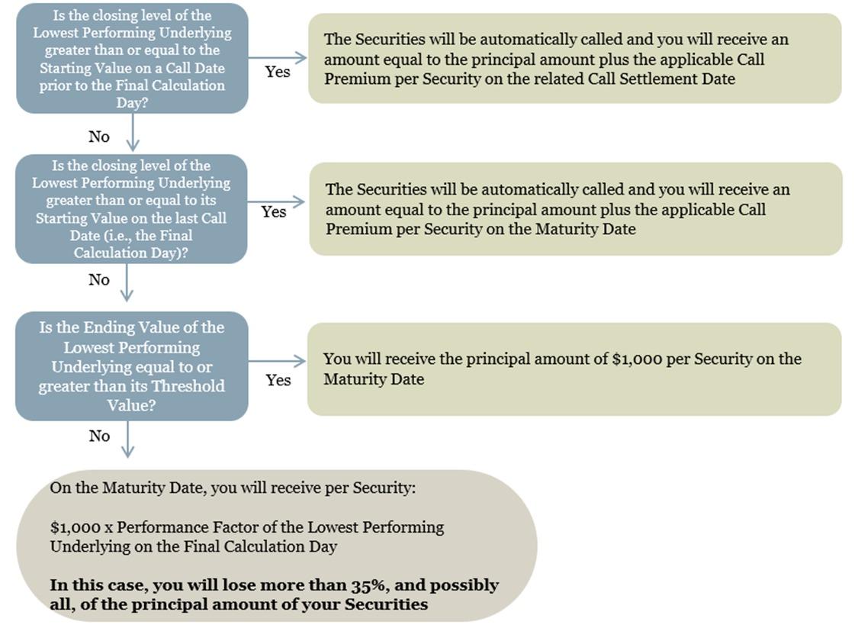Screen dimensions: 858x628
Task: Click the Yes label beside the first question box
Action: (278, 72)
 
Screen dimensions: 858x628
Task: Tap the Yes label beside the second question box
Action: (274, 212)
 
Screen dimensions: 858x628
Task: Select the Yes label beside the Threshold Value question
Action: (278, 380)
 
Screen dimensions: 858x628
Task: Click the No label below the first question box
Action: (99, 137)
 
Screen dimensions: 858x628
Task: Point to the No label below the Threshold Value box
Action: (100, 436)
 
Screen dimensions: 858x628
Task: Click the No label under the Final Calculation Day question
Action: (99, 280)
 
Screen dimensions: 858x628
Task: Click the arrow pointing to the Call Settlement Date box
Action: (278, 57)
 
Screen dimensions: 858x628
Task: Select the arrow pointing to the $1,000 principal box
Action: (277, 360)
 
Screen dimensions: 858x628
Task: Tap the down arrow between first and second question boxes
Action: (133, 133)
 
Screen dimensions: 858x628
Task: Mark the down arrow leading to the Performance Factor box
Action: (127, 439)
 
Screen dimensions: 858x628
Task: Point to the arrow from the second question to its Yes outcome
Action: (276, 201)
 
